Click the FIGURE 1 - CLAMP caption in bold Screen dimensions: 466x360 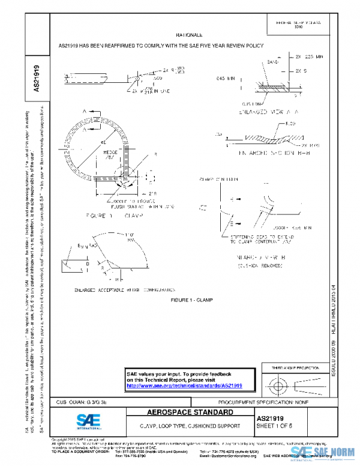pos(191,299)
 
